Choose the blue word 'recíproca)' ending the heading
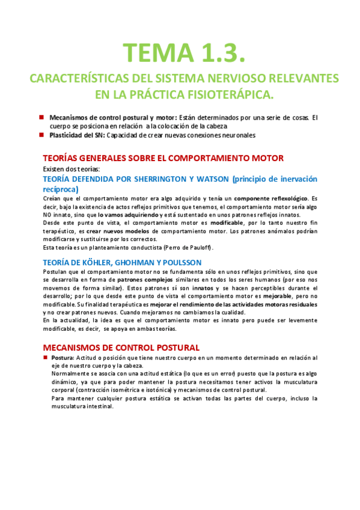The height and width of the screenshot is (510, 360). click(x=61, y=189)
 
